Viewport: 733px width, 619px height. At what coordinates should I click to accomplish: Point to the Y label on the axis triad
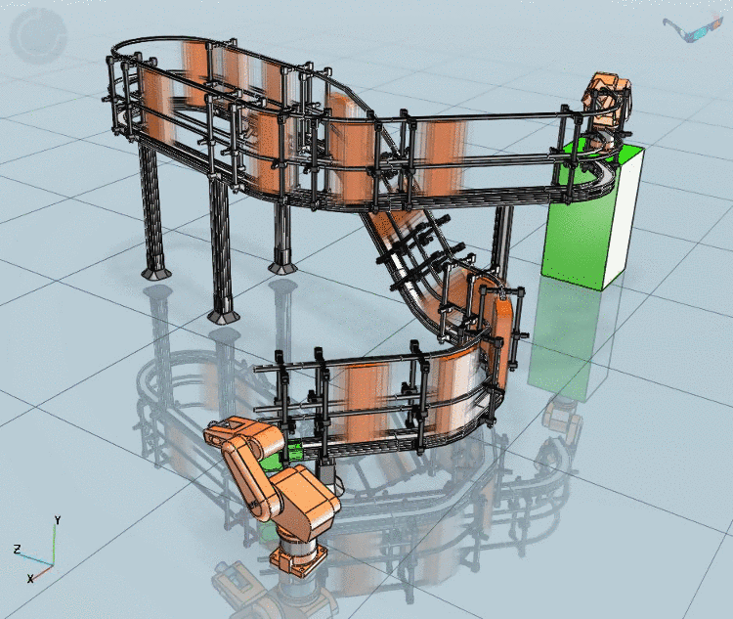(x=58, y=520)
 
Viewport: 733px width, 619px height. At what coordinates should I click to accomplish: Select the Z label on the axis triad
(x=18, y=550)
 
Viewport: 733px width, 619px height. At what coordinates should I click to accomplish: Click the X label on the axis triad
(x=30, y=579)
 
